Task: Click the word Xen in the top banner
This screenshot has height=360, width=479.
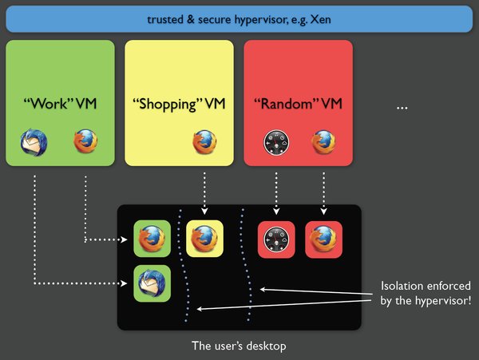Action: click(x=321, y=18)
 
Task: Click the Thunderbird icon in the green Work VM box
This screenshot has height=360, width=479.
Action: click(x=36, y=143)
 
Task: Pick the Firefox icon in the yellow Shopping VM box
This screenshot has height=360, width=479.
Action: click(x=205, y=143)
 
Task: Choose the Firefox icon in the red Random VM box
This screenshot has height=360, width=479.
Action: click(x=324, y=143)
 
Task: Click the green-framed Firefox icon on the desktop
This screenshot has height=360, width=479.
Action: click(x=152, y=239)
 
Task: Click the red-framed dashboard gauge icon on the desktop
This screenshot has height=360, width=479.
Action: click(x=276, y=239)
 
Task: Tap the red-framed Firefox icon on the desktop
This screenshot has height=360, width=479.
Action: click(x=323, y=239)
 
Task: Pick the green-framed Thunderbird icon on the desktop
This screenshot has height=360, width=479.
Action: click(x=152, y=283)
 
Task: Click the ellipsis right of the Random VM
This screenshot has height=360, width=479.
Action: click(x=402, y=106)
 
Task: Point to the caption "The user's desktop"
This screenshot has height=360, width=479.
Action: click(x=238, y=346)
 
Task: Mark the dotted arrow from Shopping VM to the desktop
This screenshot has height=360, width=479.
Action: click(x=205, y=192)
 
